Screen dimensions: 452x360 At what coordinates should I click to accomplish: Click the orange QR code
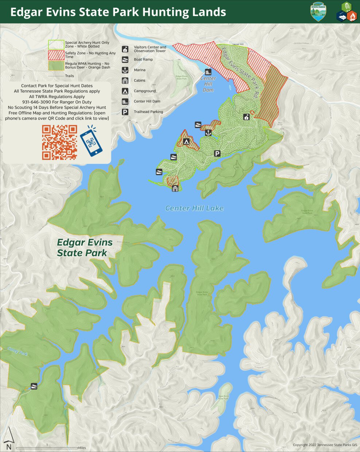pyautogui.click(x=59, y=143)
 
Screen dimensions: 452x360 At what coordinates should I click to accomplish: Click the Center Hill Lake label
pyautogui.click(x=194, y=208)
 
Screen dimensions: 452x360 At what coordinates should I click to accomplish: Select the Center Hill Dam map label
pyautogui.click(x=208, y=84)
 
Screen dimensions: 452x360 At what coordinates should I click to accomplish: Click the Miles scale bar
pyautogui.click(x=47, y=448)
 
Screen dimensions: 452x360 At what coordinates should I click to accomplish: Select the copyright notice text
pyautogui.click(x=325, y=445)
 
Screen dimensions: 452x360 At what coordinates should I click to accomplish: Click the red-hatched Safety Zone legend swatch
pyautogui.click(x=56, y=55)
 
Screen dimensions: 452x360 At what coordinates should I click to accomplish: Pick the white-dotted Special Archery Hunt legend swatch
pyautogui.click(x=56, y=44)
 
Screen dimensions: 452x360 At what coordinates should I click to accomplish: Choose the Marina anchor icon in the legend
pyautogui.click(x=125, y=70)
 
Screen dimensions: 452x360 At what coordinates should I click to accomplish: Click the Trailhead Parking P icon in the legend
pyautogui.click(x=125, y=112)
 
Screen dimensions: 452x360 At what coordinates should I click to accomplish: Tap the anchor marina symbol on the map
pyautogui.click(x=208, y=133)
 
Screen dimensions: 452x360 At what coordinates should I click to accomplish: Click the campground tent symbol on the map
pyautogui.click(x=186, y=141)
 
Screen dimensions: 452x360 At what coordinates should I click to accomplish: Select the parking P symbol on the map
pyautogui.click(x=217, y=153)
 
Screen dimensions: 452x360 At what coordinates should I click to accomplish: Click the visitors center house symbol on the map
pyautogui.click(x=247, y=117)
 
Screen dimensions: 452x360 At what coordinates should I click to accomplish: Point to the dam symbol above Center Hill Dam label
pyautogui.click(x=208, y=72)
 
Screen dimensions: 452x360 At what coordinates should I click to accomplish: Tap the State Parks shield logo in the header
pyautogui.click(x=318, y=11)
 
